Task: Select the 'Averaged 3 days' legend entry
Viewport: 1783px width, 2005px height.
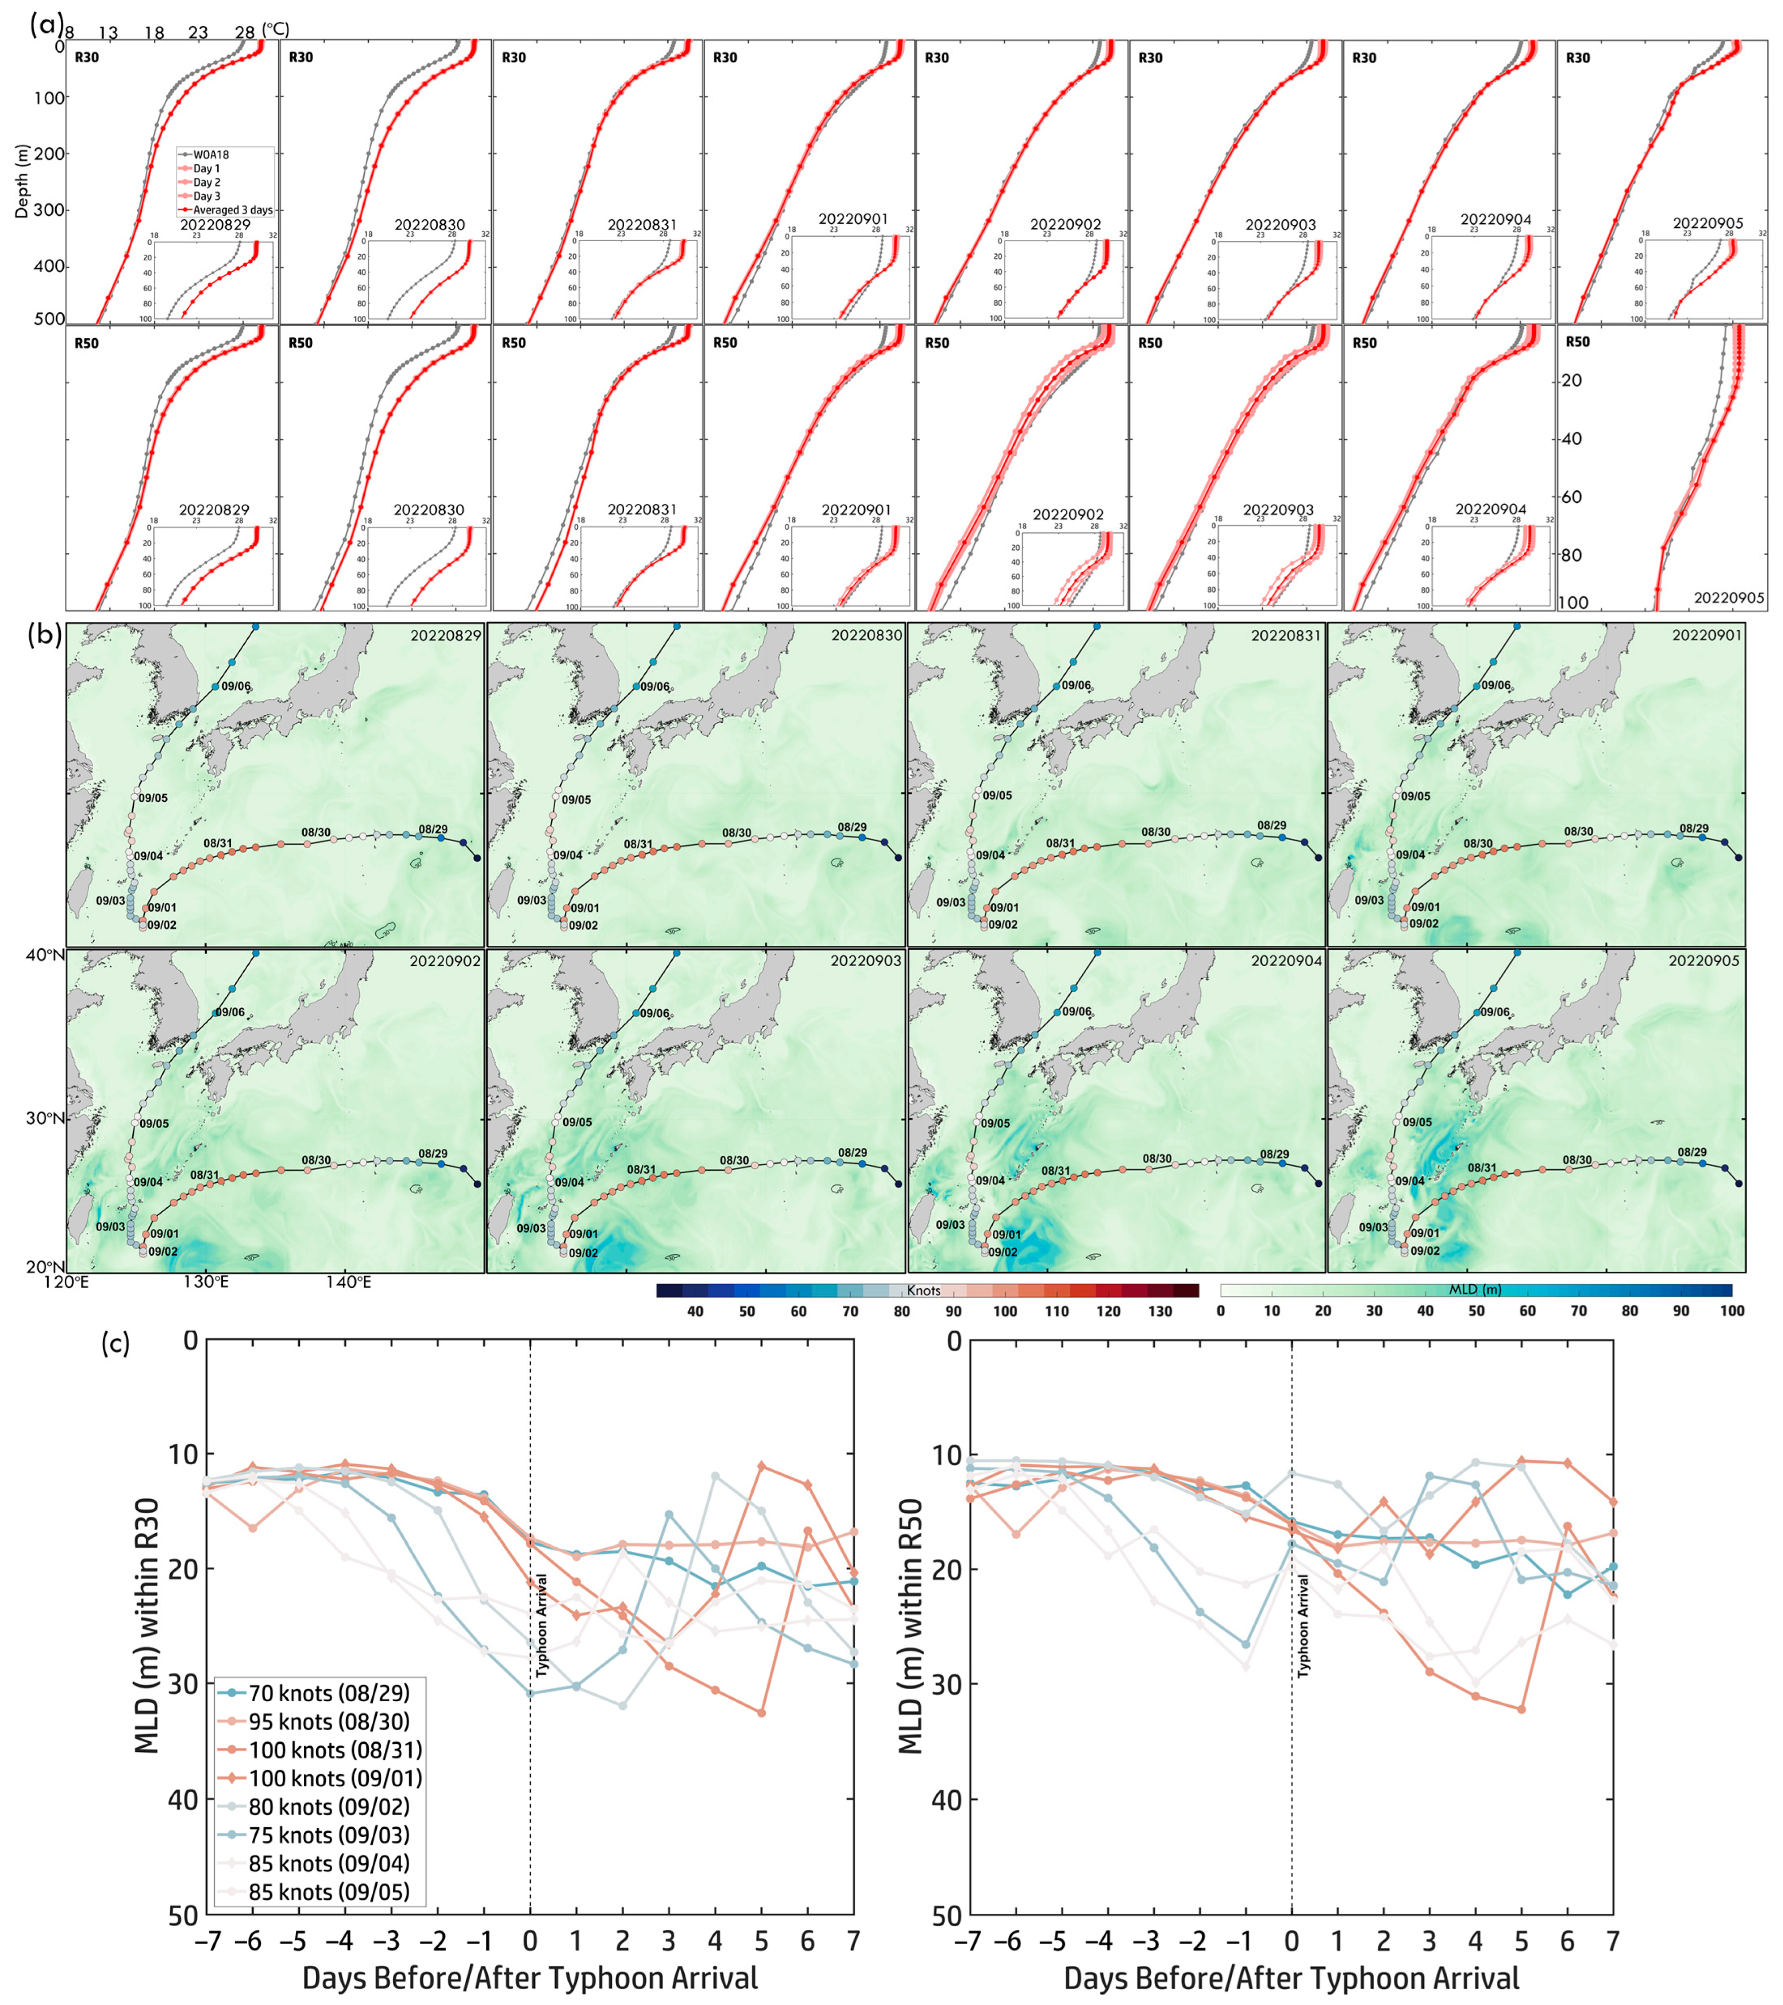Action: [x=231, y=210]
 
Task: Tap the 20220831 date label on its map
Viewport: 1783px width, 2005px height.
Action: [x=1286, y=635]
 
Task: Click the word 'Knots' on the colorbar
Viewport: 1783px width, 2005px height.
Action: [x=923, y=1291]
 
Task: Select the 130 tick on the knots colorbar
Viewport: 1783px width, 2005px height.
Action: [x=1160, y=1311]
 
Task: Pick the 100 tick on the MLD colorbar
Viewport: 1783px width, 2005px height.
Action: [x=1731, y=1311]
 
